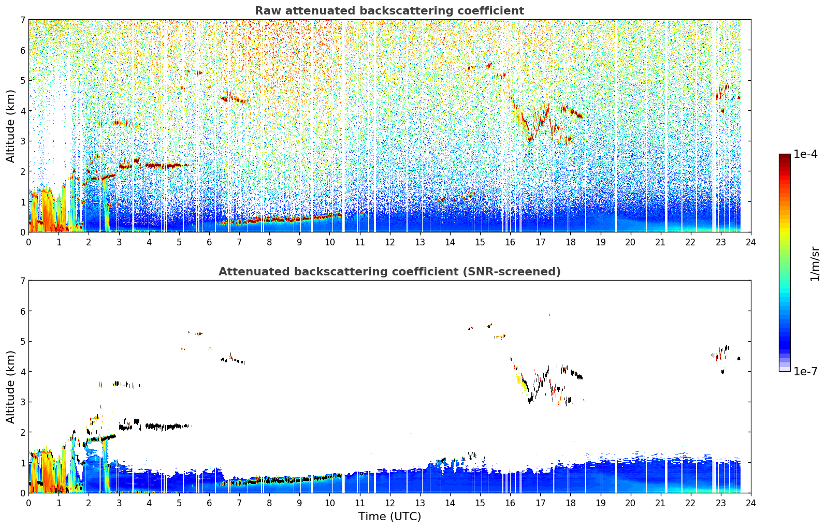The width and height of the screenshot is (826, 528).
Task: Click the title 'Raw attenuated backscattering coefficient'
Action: (x=389, y=11)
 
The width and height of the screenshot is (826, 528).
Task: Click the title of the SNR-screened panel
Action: (x=389, y=271)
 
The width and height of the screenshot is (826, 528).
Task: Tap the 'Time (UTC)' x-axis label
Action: (x=389, y=516)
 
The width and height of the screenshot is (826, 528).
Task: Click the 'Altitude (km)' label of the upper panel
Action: (x=10, y=126)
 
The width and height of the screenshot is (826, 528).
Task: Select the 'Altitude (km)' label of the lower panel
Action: (x=10, y=387)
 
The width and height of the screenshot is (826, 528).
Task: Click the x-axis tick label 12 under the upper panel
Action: (x=390, y=242)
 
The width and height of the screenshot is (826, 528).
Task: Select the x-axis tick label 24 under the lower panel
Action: (x=751, y=503)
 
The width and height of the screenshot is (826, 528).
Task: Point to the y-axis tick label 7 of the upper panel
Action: (x=23, y=20)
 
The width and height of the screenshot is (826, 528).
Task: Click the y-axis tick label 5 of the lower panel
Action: (x=23, y=342)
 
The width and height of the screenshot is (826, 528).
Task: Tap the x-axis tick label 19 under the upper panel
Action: (x=600, y=242)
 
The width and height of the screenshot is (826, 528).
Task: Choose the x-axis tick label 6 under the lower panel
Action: (x=209, y=503)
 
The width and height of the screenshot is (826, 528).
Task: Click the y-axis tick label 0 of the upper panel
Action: (x=23, y=232)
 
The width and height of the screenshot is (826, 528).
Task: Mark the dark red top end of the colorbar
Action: (x=785, y=156)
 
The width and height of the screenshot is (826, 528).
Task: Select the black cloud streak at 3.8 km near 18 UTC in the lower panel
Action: (x=576, y=374)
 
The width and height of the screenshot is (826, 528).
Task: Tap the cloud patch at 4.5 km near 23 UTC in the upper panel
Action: (x=720, y=92)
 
